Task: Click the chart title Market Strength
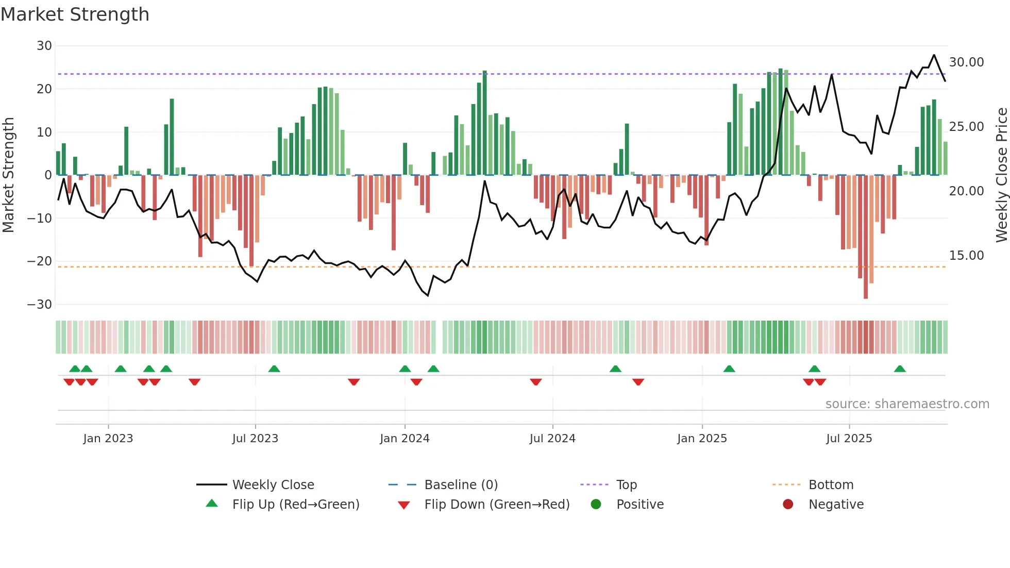(x=75, y=14)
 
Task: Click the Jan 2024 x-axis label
(x=405, y=439)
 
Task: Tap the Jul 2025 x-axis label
(x=849, y=439)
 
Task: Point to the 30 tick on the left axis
(x=44, y=46)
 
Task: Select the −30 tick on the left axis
(x=40, y=305)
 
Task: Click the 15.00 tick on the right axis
(x=966, y=256)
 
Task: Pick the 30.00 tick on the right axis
(x=966, y=62)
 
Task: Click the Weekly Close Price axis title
(x=1001, y=175)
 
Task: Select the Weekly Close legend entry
(x=273, y=485)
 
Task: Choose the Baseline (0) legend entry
(x=461, y=485)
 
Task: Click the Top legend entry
(x=626, y=485)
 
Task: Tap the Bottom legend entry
(x=831, y=485)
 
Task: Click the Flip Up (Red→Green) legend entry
(x=295, y=505)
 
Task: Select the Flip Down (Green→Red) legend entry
(x=497, y=505)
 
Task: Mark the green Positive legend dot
(x=596, y=505)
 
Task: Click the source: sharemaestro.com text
(x=907, y=404)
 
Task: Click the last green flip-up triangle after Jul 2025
(x=900, y=369)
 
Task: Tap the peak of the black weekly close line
(x=934, y=55)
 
